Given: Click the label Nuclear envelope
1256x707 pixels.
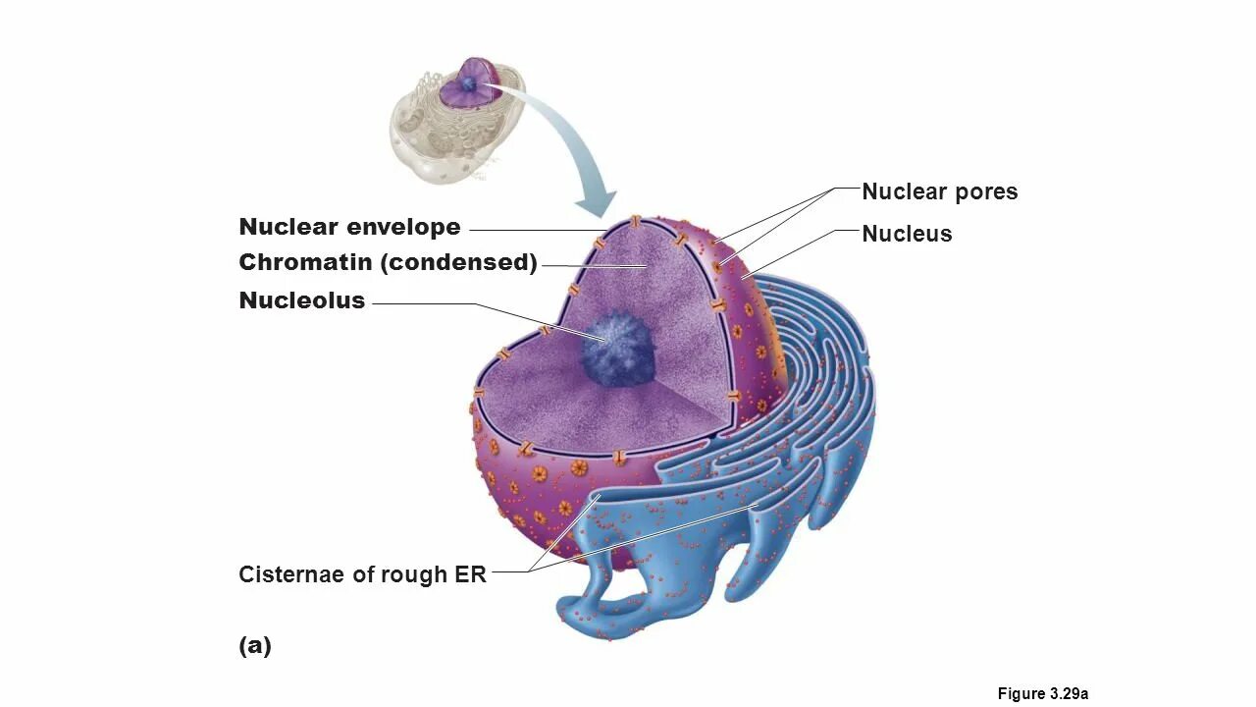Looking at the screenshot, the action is pos(349,227).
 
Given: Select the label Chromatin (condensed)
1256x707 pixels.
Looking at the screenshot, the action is pos(388,263).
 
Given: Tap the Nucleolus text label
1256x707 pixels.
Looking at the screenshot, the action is pos(301,300).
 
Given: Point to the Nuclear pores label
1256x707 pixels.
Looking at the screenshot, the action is pos(939,191).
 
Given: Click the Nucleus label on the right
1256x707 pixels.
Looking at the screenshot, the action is pos(907,234).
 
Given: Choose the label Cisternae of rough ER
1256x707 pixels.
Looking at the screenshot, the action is pos(362,574).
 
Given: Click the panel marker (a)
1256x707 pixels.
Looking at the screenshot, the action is pos(254,645).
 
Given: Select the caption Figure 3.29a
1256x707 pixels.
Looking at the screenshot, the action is pos(1042,693).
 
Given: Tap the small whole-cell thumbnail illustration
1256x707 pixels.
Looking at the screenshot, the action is pos(456,121).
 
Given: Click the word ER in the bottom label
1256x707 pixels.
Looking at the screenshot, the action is pos(470,574).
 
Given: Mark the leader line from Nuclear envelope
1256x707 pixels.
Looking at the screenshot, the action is pos(535,230).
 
